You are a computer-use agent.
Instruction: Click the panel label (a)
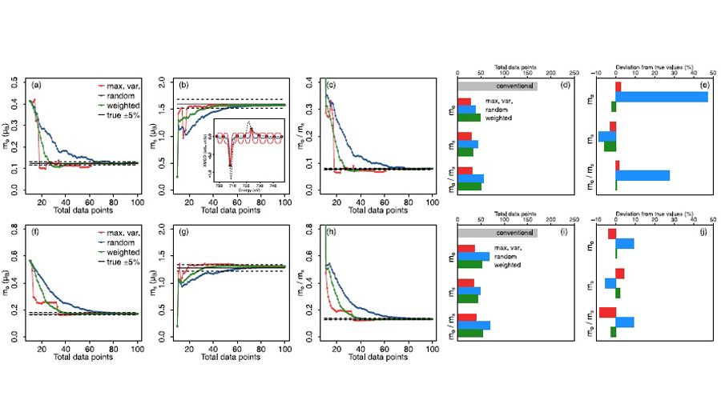coord(36,83)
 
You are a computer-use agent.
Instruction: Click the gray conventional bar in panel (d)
coord(497,85)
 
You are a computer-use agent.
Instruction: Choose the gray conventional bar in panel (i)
coord(497,232)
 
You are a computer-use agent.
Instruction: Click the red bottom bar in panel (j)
coord(607,312)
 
